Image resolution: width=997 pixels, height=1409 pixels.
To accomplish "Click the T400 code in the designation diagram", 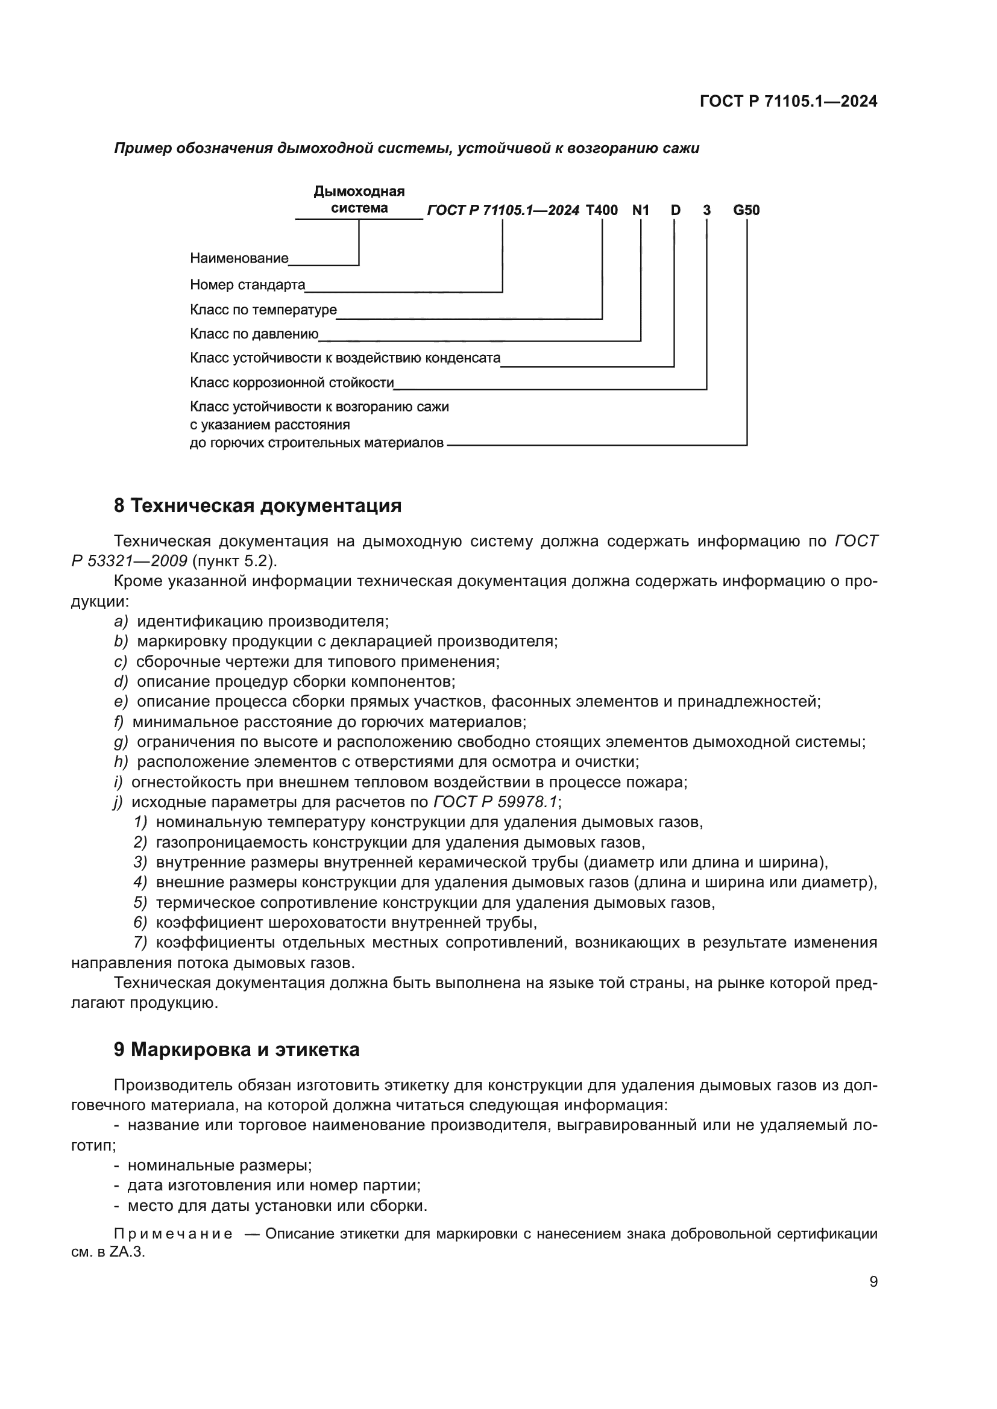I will [601, 210].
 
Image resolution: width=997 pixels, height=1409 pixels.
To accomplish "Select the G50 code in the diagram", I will [746, 210].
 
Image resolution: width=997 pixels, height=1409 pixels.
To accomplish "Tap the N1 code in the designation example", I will [640, 210].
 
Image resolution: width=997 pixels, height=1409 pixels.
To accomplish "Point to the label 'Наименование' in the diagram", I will [239, 258].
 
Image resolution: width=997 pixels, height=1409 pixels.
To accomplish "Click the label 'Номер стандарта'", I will [247, 285].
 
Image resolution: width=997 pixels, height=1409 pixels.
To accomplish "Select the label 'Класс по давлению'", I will [254, 334].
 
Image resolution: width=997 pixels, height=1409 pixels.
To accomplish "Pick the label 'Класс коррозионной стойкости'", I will [292, 383].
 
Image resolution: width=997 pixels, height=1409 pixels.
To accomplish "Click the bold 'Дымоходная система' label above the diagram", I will [359, 200].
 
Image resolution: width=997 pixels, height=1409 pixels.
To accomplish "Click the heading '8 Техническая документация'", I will [258, 505].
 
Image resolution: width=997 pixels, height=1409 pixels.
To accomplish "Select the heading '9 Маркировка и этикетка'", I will [236, 1049].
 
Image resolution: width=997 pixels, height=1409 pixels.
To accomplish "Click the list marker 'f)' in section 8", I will [119, 722].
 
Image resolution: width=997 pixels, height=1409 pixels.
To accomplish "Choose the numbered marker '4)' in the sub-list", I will [140, 883].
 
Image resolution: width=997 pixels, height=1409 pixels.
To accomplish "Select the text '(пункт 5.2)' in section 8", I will [235, 561].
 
